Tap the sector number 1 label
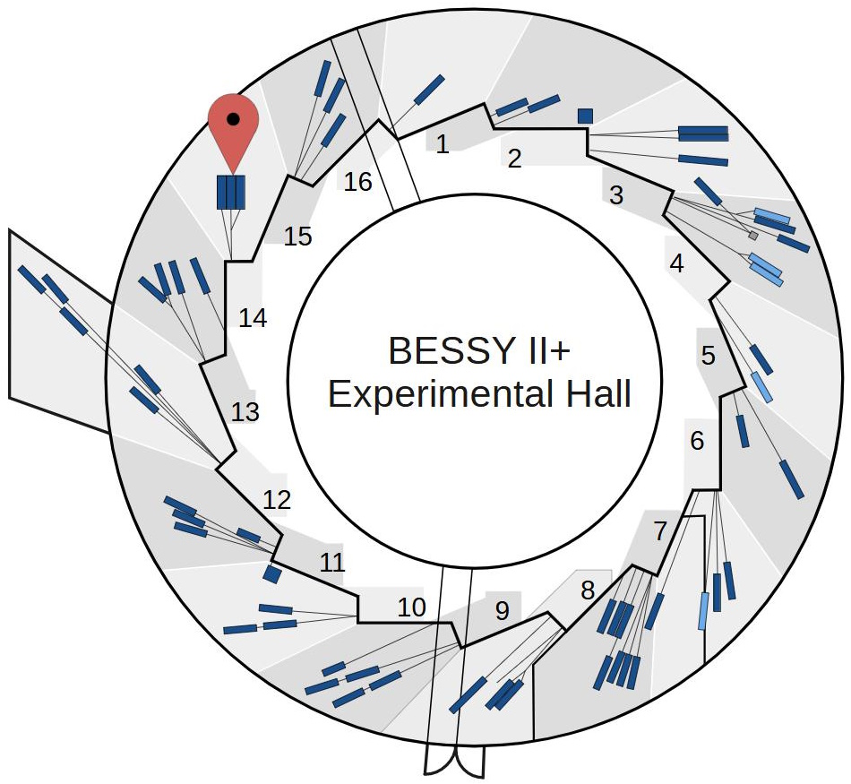click(443, 144)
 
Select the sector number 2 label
click(514, 159)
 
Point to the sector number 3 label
click(616, 195)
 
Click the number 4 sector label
click(677, 263)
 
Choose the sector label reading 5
click(709, 356)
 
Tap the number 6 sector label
click(698, 441)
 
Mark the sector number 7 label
click(660, 531)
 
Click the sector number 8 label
click(588, 590)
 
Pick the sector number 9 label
click(502, 611)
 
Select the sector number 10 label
click(412, 607)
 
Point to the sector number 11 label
click(332, 563)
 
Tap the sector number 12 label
click(277, 500)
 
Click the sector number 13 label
click(245, 412)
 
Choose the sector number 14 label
click(254, 318)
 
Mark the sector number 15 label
click(298, 237)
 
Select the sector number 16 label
click(358, 182)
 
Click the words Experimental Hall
click(479, 394)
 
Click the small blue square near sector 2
click(585, 116)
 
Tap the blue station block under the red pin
click(231, 192)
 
